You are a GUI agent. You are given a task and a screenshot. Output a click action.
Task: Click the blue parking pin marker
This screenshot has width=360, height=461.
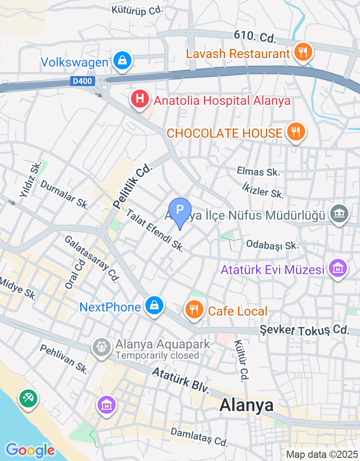click(x=180, y=211)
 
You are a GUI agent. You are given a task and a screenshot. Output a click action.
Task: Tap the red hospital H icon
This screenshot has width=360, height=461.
click(x=140, y=99)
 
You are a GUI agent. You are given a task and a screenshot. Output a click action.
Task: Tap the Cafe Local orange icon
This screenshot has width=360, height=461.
click(x=194, y=310)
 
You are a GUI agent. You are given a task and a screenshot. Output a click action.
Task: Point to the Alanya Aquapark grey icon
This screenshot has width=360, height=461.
click(x=102, y=347)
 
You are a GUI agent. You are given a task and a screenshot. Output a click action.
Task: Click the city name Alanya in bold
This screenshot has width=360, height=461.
click(x=246, y=405)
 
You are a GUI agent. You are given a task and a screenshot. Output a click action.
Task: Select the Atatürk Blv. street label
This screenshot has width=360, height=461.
click(x=181, y=380)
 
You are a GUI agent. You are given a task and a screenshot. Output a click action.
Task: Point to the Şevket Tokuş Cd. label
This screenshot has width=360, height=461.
click(x=305, y=330)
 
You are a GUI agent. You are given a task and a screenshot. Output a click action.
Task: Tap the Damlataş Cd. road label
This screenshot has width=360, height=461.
click(x=199, y=437)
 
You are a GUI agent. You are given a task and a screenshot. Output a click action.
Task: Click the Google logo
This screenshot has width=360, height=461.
click(x=30, y=450)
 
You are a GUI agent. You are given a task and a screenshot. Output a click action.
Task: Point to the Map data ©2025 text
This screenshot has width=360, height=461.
click(x=321, y=454)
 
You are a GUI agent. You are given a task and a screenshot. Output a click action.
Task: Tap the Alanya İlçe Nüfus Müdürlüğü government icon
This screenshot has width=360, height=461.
click(x=339, y=214)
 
